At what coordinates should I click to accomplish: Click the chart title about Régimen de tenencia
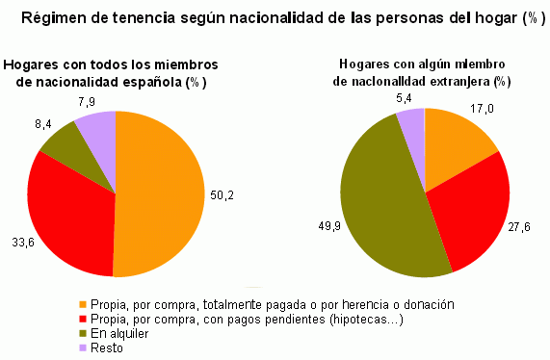coord(275,17)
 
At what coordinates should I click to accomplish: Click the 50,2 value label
coord(223,194)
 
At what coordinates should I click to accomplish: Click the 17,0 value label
coord(481,110)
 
